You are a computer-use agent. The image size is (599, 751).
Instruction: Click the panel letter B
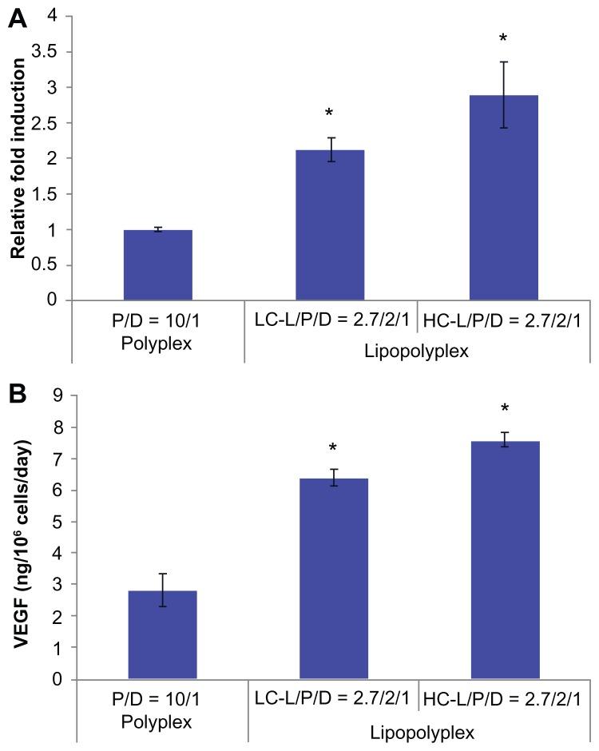click(x=18, y=394)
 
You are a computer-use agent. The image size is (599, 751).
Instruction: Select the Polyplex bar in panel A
click(x=158, y=265)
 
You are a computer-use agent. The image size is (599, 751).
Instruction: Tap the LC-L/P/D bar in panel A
click(x=331, y=225)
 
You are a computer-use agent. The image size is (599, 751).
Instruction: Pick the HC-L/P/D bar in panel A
click(x=504, y=198)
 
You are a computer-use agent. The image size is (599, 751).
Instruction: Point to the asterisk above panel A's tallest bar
click(x=504, y=38)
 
